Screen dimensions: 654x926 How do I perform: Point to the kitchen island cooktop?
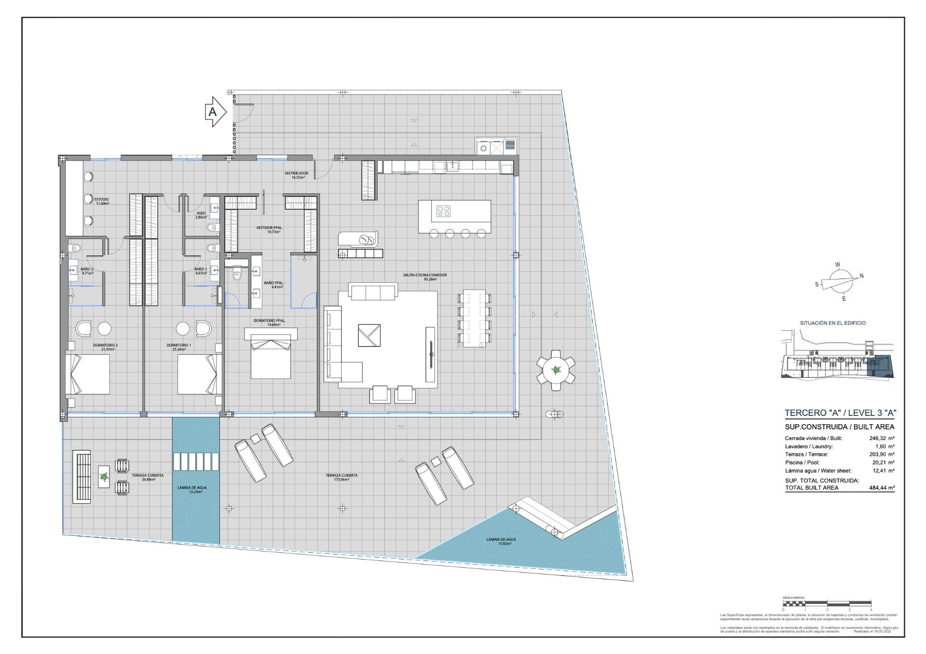coord(443,211)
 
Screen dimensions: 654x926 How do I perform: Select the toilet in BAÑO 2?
coord(74,248)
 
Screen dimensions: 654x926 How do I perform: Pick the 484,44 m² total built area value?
coord(882,488)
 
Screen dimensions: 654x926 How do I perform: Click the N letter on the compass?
coord(861,276)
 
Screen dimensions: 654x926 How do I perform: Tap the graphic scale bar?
coord(827,603)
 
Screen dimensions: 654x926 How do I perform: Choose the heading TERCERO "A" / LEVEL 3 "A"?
coord(840,413)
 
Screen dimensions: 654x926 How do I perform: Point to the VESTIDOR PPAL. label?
coord(269,229)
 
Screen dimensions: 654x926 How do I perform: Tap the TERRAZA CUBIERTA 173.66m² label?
coord(341,477)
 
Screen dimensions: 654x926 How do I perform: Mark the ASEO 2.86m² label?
coord(201,215)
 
